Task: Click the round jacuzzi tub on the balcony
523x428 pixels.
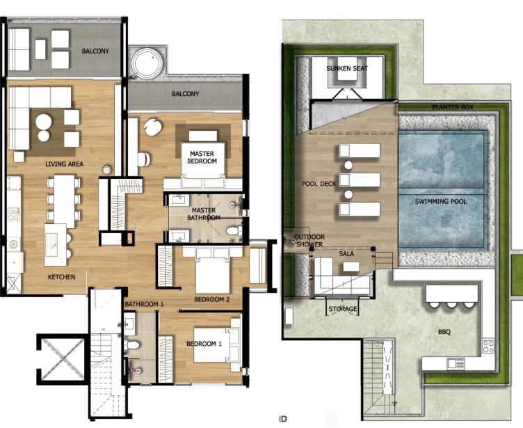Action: tap(147, 63)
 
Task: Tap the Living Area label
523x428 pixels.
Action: tap(65, 164)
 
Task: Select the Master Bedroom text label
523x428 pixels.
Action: tap(202, 157)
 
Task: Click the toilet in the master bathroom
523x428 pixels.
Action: tap(234, 230)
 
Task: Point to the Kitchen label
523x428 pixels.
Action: tap(61, 277)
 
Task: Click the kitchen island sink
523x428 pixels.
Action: tap(51, 245)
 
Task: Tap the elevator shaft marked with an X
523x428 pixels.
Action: tap(63, 359)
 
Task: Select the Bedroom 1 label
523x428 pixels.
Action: tap(204, 344)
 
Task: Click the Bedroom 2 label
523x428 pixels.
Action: tap(212, 299)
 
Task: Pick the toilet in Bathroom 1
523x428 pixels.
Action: tap(132, 344)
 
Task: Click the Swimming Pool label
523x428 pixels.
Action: tap(441, 201)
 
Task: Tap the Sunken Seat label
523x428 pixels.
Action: tap(347, 68)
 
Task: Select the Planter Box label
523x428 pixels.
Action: tap(453, 107)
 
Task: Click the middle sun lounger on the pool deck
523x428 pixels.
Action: tap(360, 180)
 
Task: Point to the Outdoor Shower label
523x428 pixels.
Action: tap(309, 240)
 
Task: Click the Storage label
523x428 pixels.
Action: tap(343, 309)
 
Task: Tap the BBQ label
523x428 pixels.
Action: tap(444, 332)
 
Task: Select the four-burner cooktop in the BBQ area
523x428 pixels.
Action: tap(488, 347)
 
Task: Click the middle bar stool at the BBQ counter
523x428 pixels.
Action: tap(451, 305)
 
